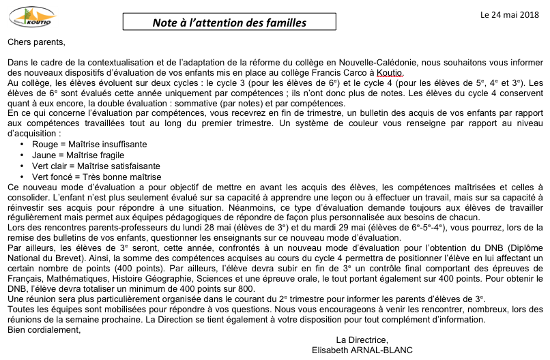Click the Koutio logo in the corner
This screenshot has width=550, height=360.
click(27, 16)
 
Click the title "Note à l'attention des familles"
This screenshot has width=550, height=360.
click(229, 23)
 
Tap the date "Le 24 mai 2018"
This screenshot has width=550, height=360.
click(509, 13)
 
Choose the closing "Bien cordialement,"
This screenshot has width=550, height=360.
click(44, 330)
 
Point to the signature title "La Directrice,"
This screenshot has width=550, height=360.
click(362, 340)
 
